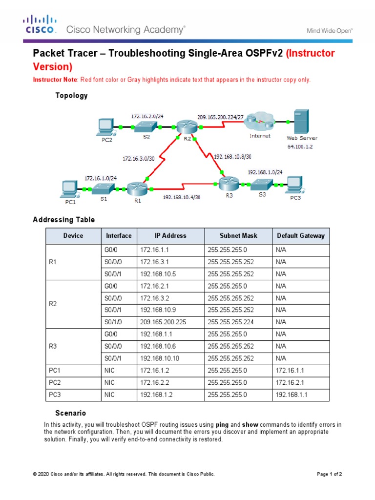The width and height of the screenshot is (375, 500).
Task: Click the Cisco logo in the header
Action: pos(40,24)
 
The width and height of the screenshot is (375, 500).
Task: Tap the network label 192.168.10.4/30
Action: pos(181,198)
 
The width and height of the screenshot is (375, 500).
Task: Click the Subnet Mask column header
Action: pos(238,236)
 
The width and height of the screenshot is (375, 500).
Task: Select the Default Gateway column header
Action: pos(300,236)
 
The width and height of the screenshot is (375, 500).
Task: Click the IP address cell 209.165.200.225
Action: pos(163,322)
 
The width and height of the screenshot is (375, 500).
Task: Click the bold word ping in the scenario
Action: pos(222,425)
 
